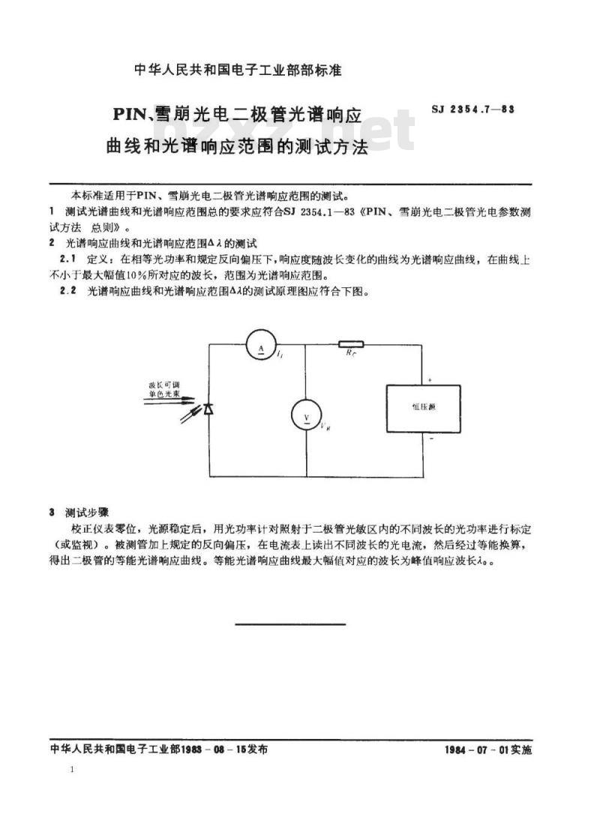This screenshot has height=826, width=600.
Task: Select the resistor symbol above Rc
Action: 351,344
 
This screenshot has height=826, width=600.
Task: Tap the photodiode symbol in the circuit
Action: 209,407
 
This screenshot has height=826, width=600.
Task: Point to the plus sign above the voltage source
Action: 430,380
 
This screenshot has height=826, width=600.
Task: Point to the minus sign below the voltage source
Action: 430,440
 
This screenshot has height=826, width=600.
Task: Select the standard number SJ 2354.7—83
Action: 473,110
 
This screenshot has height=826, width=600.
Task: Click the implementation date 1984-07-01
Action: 487,749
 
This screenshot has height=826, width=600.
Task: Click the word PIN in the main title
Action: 132,116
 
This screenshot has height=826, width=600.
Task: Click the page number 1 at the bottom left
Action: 70,770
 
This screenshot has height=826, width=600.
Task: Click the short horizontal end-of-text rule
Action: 290,624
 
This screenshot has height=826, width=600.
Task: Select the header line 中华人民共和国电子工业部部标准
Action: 237,71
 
